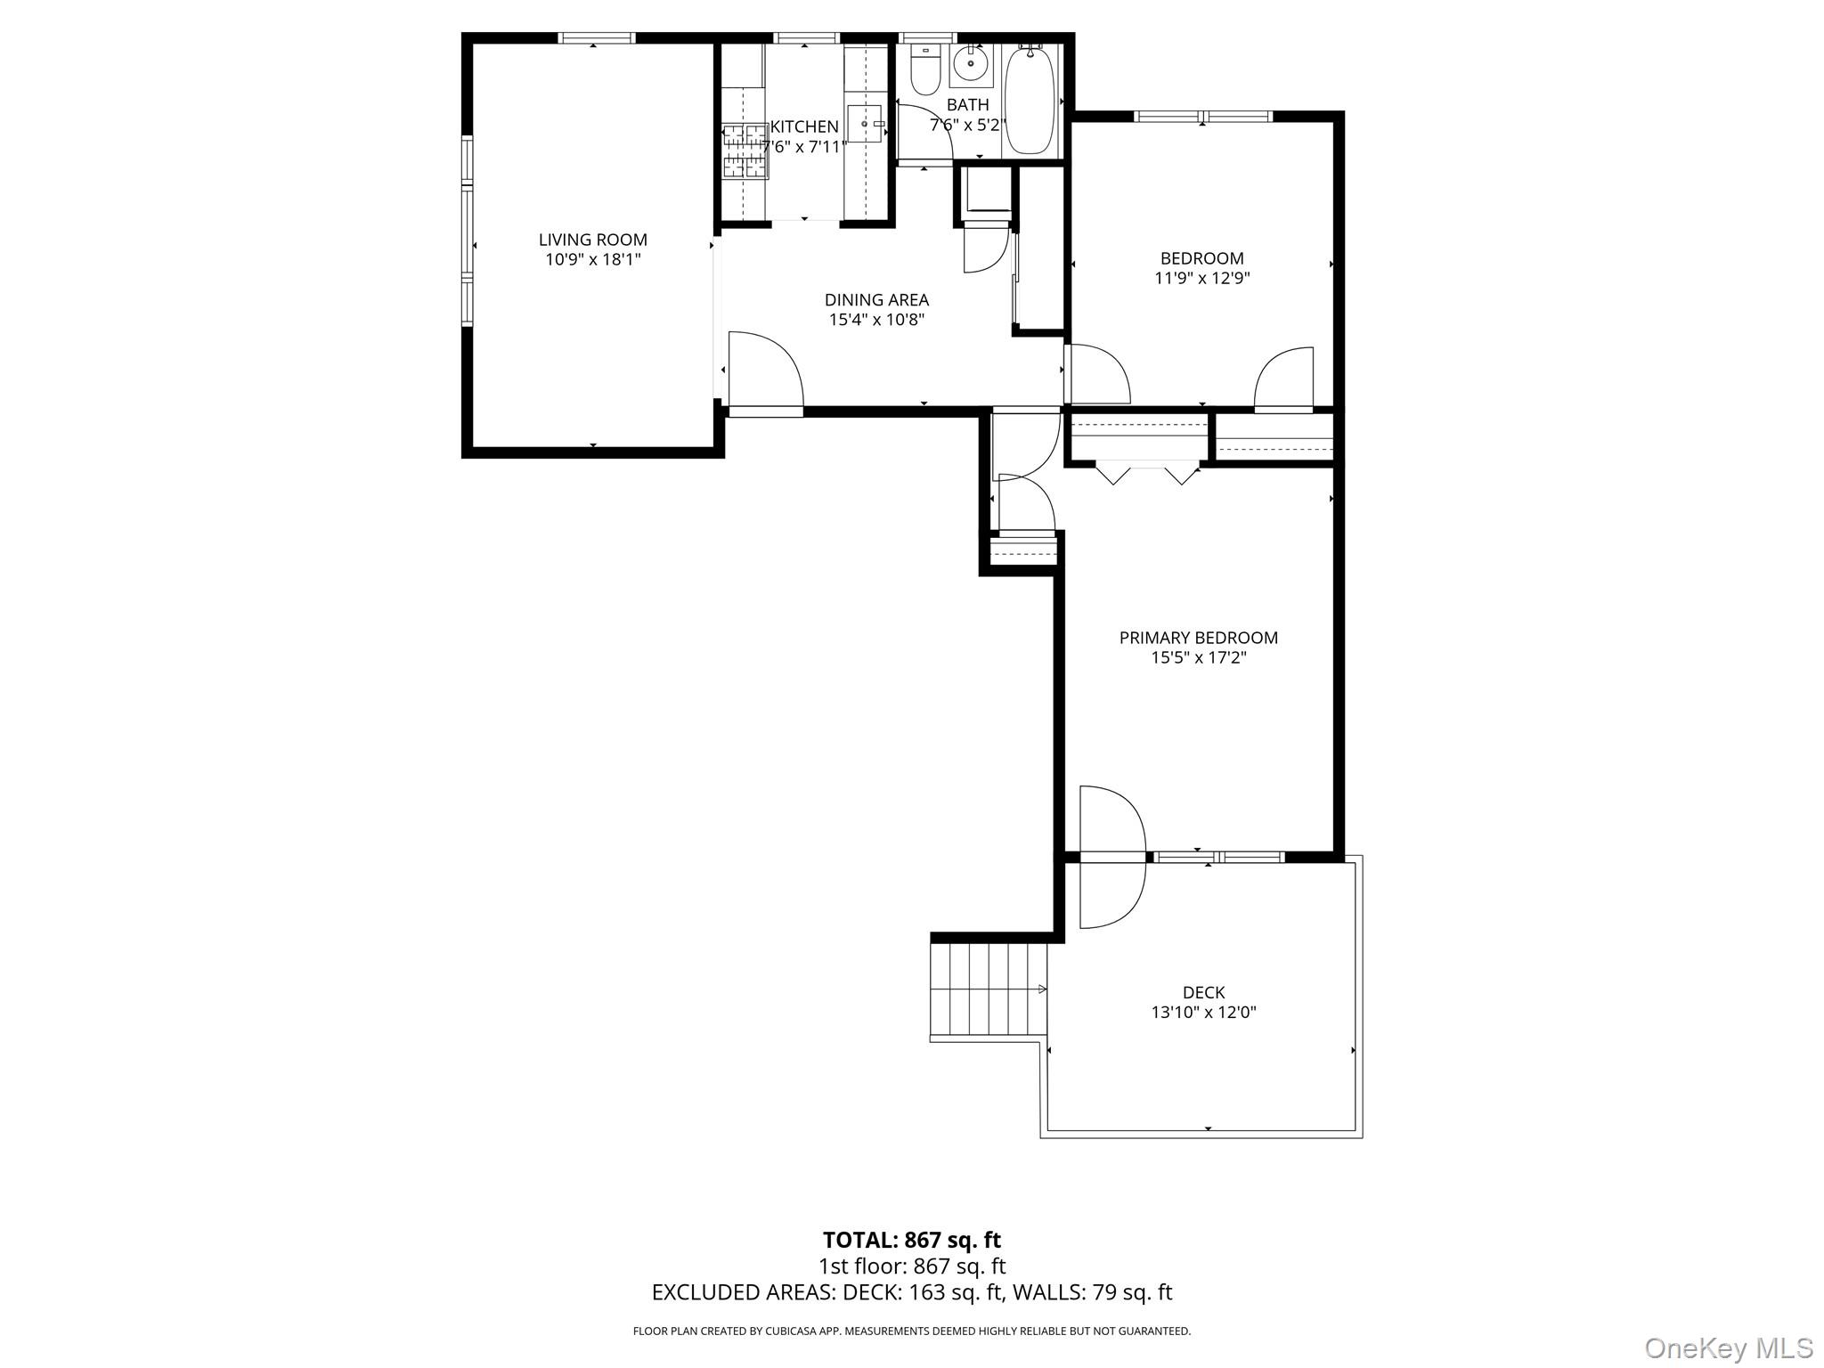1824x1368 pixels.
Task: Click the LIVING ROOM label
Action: point(592,240)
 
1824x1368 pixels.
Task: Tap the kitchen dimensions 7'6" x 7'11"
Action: point(804,147)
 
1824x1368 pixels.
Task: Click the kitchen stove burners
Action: point(745,151)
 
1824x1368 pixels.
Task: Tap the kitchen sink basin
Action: point(862,124)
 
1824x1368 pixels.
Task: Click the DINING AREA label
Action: point(876,300)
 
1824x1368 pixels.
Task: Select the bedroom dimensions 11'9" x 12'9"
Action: point(1201,278)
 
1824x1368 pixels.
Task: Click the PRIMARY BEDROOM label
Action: point(1198,638)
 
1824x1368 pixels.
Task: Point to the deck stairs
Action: point(988,989)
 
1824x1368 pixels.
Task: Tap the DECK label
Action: point(1203,992)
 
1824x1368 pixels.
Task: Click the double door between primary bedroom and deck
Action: point(1111,857)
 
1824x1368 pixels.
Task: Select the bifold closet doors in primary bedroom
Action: point(1146,472)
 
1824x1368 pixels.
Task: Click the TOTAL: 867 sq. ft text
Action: point(911,1240)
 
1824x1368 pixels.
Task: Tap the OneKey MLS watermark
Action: point(1728,1348)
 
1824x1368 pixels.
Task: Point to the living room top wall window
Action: point(597,37)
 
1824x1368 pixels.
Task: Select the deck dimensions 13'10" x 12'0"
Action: point(1203,1013)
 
